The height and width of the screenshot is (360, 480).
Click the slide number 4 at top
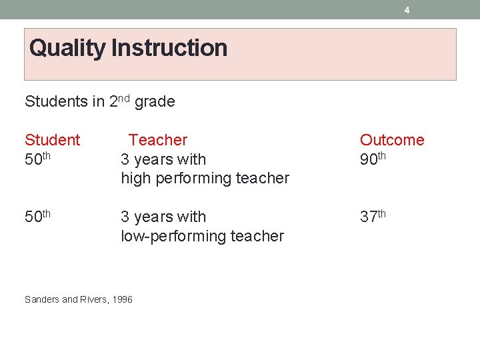tap(407, 10)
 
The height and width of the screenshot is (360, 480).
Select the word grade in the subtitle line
tap(155, 102)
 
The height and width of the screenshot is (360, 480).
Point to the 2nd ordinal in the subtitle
tap(119, 101)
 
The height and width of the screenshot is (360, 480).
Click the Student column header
tap(52, 140)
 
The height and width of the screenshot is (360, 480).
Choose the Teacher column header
tap(158, 140)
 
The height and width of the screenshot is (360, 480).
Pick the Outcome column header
tap(392, 140)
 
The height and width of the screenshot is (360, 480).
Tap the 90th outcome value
tap(373, 159)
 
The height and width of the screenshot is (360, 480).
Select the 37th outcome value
tap(373, 217)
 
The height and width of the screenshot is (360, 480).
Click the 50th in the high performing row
tap(37, 159)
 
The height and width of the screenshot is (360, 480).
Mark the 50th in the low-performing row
tap(37, 217)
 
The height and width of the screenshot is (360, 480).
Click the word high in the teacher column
tap(135, 179)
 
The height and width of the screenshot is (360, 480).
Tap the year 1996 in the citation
tap(123, 299)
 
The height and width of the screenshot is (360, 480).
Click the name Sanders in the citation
tap(41, 299)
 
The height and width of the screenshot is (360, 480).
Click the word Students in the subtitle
tap(56, 102)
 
